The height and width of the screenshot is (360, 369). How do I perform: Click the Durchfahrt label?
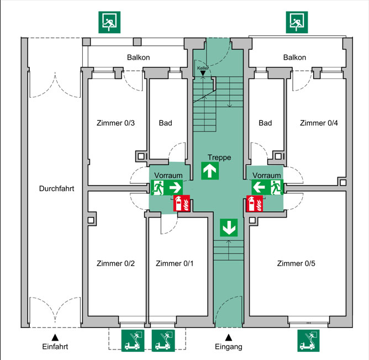pyautogui.click(x=56, y=188)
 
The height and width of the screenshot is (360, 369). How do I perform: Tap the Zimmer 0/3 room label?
pyautogui.click(x=115, y=123)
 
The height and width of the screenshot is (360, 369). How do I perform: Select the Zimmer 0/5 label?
pyautogui.click(x=296, y=263)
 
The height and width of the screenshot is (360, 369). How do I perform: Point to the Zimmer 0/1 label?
pyautogui.click(x=175, y=263)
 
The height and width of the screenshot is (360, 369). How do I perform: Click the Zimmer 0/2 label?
pyautogui.click(x=115, y=263)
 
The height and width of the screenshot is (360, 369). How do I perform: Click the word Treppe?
pyautogui.click(x=219, y=157)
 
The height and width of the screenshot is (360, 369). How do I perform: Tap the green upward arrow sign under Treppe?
pyautogui.click(x=209, y=171)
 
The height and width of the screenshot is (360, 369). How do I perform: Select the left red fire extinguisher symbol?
pyautogui.click(x=182, y=204)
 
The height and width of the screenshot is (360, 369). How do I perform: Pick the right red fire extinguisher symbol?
pyautogui.click(x=255, y=204)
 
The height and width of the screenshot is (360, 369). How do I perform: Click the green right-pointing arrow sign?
pyautogui.click(x=175, y=188)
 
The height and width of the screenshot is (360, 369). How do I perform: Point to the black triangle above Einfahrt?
pyautogui.click(x=55, y=336)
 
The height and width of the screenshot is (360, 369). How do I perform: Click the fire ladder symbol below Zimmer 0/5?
pyautogui.click(x=309, y=340)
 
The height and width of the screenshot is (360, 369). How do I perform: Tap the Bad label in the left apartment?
pyautogui.click(x=165, y=123)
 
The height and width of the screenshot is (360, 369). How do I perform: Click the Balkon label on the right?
pyautogui.click(x=294, y=57)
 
